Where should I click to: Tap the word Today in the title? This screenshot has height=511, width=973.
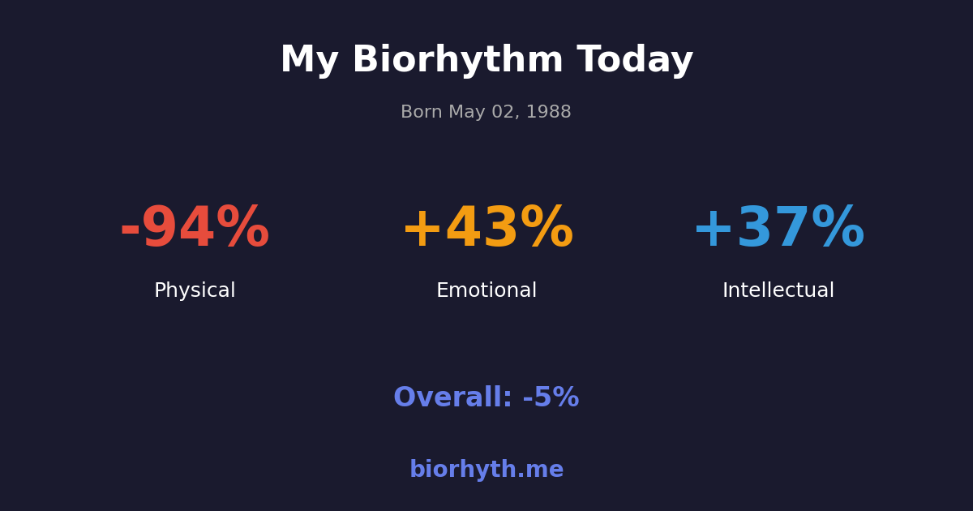tap(635, 61)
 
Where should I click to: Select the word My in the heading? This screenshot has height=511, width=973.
tap(309, 61)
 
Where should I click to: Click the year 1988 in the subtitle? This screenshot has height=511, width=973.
tap(551, 113)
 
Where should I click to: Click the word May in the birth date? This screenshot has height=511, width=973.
tap(463, 113)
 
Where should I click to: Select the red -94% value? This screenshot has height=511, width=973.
tap(195, 229)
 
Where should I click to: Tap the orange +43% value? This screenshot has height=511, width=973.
tap(486, 229)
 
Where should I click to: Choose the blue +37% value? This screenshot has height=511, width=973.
tap(778, 229)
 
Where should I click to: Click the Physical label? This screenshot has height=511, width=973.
tap(195, 291)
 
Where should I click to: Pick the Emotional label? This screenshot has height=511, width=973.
tap(486, 291)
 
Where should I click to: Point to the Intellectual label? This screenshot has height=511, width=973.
tap(778, 291)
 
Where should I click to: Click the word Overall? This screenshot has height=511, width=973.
tap(452, 398)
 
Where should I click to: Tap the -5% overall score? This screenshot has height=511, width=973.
tap(551, 398)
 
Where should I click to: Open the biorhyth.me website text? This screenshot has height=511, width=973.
tap(486, 470)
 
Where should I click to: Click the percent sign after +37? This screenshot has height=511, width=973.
tap(838, 229)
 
